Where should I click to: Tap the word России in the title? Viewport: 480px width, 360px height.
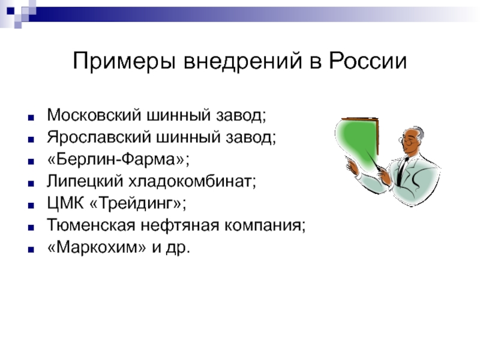tap(368, 61)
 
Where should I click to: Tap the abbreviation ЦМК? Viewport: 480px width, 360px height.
tap(65, 203)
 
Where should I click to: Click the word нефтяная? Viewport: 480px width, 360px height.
tap(180, 226)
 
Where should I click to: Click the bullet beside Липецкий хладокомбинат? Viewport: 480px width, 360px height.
tap(31, 184)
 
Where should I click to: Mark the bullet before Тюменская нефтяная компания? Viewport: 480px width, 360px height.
tap(31, 227)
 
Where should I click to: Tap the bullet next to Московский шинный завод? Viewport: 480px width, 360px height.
tap(31, 118)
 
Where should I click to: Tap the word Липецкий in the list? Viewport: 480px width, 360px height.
tap(85, 181)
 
